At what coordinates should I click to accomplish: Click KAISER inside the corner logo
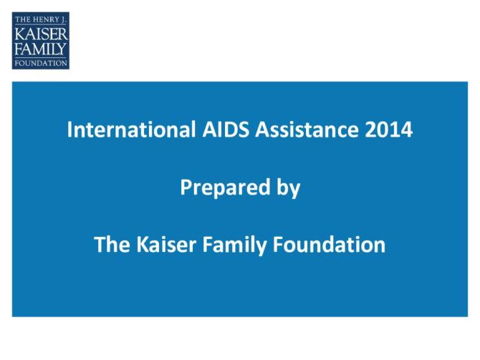coord(41,34)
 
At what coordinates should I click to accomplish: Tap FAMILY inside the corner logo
coord(41,49)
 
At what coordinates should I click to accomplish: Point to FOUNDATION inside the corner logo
coord(41,62)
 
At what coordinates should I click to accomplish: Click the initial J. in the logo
coord(64,19)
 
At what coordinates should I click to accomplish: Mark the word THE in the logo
coord(21,19)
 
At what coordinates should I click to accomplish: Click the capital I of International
coord(70,131)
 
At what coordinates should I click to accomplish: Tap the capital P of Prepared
coord(185,188)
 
